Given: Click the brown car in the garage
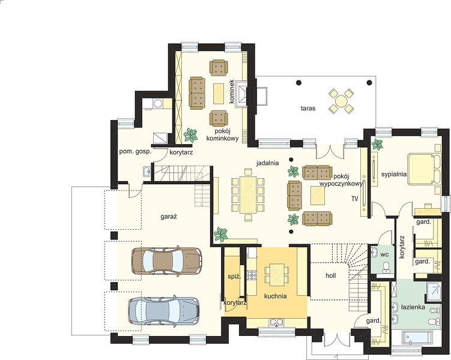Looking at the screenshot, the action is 166,260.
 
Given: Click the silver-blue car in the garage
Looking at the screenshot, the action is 164,311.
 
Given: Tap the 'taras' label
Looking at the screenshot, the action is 308,109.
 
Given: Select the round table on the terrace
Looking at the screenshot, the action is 341,101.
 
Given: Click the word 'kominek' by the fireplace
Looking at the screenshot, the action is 232,91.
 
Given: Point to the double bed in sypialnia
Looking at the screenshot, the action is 425,169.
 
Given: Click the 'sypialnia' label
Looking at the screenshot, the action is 394,174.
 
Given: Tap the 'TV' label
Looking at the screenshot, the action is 355,199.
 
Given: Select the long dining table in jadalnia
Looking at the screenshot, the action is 247,194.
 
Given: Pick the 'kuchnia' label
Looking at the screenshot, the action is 275,296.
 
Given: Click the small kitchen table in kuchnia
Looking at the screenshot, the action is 276,275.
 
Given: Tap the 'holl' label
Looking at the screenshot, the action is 331,275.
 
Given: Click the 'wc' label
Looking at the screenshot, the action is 384,254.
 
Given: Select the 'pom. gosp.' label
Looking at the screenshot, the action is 135,152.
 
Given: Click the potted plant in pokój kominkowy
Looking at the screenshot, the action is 190,135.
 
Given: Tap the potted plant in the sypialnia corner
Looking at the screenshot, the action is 377,143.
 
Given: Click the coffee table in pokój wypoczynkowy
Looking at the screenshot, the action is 318,196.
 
